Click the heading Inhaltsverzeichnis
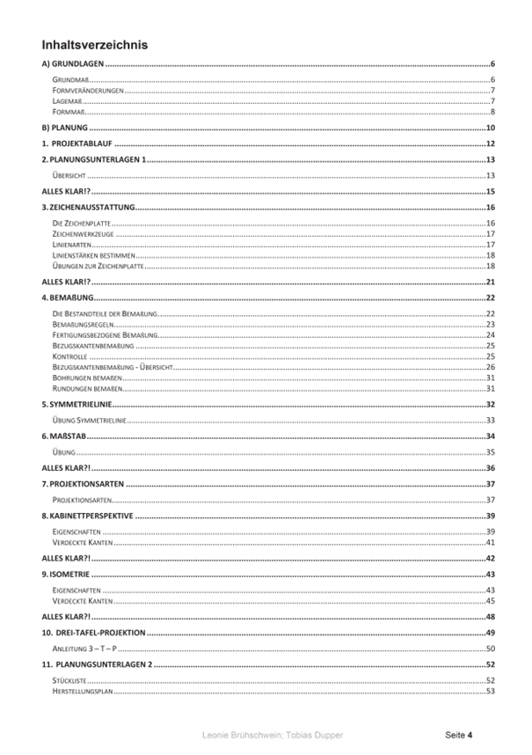point(94,45)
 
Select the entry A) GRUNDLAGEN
point(73,64)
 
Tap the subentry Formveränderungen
point(87,91)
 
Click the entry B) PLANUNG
point(65,128)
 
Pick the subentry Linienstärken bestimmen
point(95,255)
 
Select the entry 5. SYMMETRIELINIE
point(82,404)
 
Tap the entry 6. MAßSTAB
point(68,436)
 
